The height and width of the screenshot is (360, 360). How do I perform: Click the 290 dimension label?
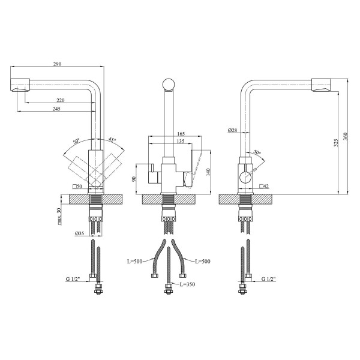tap(57, 64)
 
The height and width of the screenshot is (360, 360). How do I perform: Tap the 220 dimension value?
tap(61, 100)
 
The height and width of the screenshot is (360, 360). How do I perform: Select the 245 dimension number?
tap(56, 109)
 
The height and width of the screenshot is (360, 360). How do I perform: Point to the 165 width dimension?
tap(181, 134)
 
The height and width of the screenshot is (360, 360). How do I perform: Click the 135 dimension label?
tap(181, 141)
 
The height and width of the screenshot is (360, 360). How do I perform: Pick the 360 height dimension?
tap(346, 137)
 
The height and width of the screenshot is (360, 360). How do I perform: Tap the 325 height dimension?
tap(336, 143)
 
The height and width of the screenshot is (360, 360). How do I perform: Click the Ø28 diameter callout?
tap(232, 130)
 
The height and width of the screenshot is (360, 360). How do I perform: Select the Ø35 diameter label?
tap(79, 233)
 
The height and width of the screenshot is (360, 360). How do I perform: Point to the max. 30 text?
tap(59, 216)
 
